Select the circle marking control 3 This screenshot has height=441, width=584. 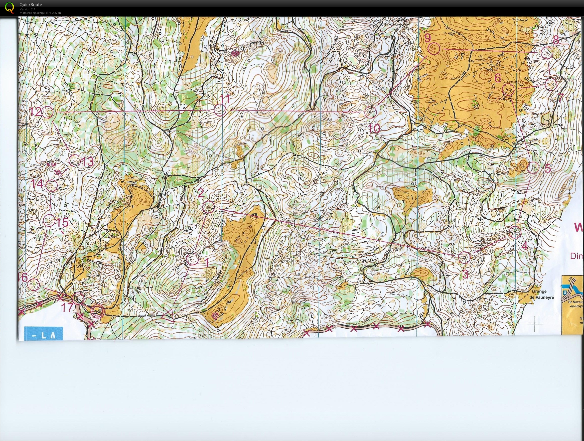pos(464,257)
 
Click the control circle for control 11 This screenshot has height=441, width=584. pos(220,110)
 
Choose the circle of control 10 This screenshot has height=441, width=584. pos(370,113)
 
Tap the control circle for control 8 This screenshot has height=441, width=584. pos(547,53)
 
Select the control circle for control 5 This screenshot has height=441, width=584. pos(533,168)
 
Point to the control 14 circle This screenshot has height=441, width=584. pos(51,186)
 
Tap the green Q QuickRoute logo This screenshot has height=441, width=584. pos(9,7)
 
